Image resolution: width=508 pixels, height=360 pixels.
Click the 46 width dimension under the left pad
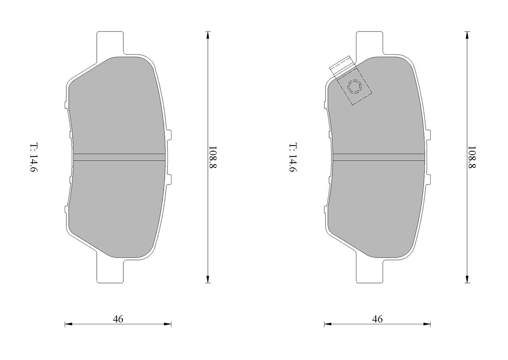pos(118,319)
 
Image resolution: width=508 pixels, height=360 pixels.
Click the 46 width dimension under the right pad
pos(377,319)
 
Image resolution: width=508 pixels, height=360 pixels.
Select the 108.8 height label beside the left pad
pos(213,157)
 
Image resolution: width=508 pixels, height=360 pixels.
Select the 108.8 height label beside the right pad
pos(472,157)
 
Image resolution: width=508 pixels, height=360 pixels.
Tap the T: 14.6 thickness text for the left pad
pos(34,158)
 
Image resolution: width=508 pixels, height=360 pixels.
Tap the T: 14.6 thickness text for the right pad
pos(293,158)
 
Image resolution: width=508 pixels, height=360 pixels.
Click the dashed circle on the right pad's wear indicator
pos(355,87)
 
